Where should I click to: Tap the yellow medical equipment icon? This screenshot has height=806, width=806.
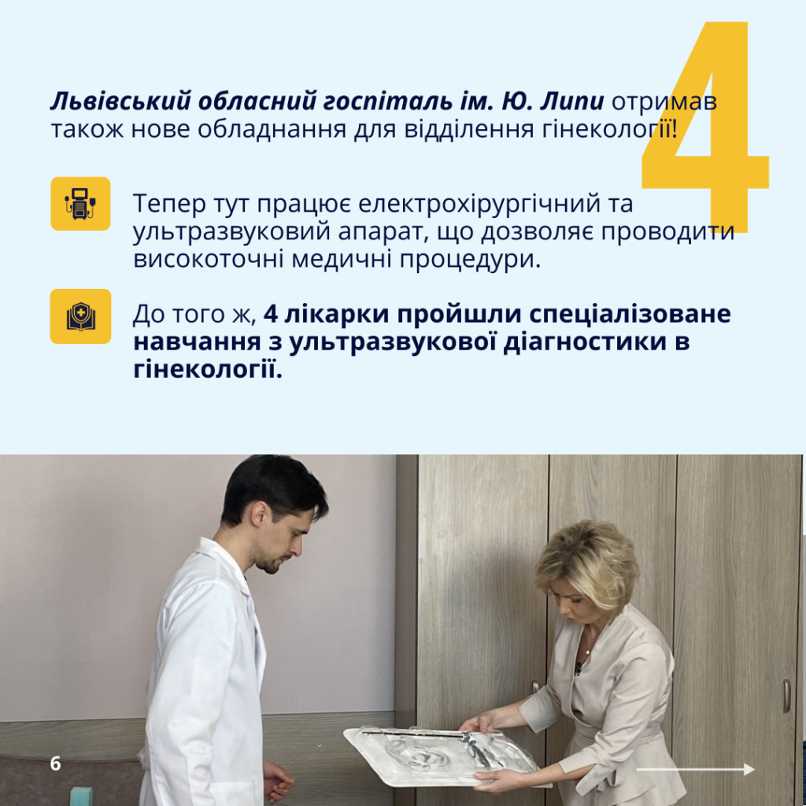[x=80, y=204]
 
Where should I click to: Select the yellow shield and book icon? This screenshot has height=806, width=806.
[x=81, y=316]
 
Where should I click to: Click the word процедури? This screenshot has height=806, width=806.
[x=471, y=260]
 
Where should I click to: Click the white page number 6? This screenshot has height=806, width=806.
[x=56, y=763]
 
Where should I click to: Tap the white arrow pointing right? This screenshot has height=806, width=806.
[x=696, y=769]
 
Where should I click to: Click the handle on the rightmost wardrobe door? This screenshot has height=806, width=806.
[x=786, y=696]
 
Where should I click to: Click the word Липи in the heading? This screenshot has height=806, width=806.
[x=571, y=102]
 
